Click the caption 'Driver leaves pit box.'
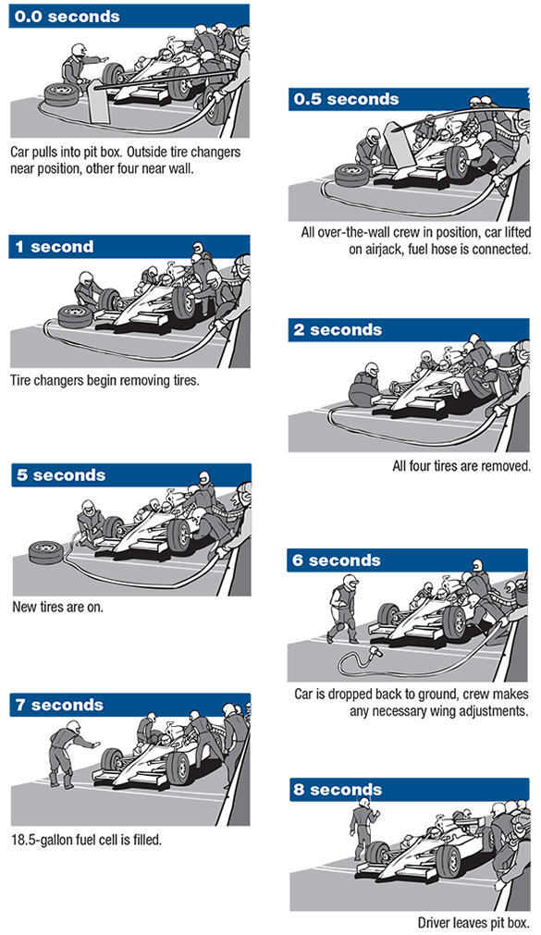(473, 922)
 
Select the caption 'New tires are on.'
(57, 608)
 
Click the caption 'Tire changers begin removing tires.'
(105, 379)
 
